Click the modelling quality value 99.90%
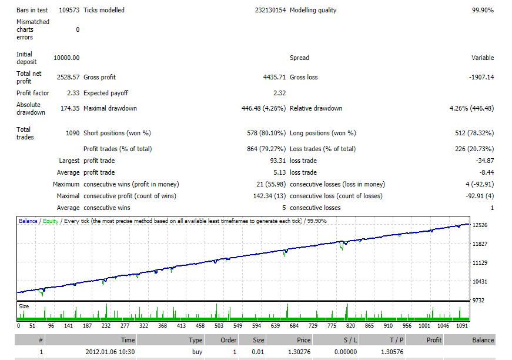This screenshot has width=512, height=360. click(x=483, y=10)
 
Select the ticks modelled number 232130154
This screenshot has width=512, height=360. click(x=270, y=10)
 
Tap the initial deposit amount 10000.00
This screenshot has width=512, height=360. click(x=66, y=58)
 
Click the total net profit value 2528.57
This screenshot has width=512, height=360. click(x=68, y=77)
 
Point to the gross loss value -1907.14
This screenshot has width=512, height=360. click(x=481, y=77)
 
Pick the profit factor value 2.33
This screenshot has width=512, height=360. click(x=73, y=93)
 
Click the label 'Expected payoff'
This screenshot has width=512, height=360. click(x=106, y=93)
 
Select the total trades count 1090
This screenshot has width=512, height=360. click(x=72, y=133)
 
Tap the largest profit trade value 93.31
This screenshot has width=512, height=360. click(x=278, y=161)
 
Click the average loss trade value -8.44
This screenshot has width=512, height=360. click(x=487, y=172)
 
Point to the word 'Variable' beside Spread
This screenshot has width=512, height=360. click(x=483, y=58)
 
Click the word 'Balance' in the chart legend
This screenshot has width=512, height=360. click(x=28, y=221)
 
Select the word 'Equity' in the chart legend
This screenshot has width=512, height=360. click(x=51, y=221)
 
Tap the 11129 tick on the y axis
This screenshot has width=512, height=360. click(x=480, y=263)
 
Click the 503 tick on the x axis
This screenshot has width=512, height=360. click(x=219, y=326)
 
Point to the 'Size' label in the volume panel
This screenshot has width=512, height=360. click(x=24, y=306)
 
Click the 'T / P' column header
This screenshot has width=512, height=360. click(x=396, y=340)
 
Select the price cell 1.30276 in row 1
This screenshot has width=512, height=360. click(x=299, y=352)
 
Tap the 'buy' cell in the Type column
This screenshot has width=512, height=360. click(x=198, y=352)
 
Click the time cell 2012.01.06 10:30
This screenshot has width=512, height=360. click(x=110, y=352)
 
